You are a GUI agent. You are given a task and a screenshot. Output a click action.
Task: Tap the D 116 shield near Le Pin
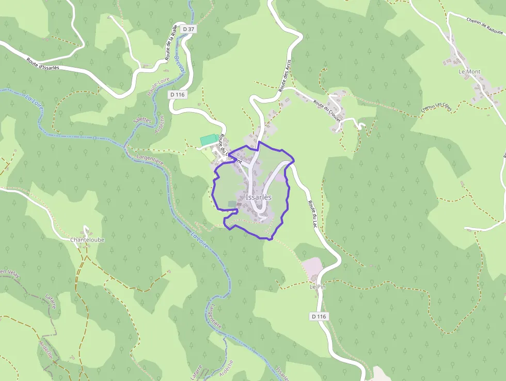(x=319, y=316)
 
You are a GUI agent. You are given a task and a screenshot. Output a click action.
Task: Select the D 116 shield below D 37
(x=177, y=95)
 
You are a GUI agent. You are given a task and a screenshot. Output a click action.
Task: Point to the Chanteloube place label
(x=87, y=240)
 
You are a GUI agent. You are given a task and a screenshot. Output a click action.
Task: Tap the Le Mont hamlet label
(x=469, y=71)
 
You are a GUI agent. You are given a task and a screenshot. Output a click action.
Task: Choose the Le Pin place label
(x=318, y=286)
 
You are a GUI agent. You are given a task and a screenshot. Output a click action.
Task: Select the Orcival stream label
(x=179, y=75)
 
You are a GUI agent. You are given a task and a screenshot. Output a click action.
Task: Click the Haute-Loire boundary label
(x=157, y=86)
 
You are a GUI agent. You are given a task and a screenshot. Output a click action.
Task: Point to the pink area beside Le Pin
(x=312, y=267)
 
